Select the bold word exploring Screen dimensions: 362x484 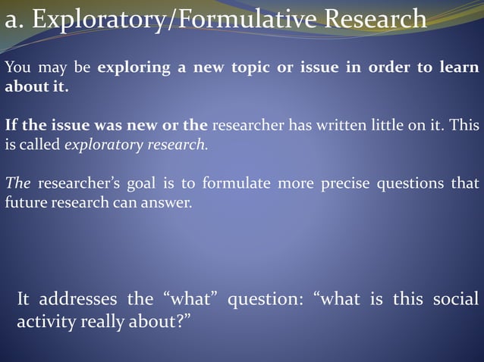(134, 67)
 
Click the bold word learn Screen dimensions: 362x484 (459, 67)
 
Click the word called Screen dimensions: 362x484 (39, 144)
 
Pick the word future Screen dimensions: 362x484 (26, 202)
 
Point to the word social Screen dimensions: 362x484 (456, 299)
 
